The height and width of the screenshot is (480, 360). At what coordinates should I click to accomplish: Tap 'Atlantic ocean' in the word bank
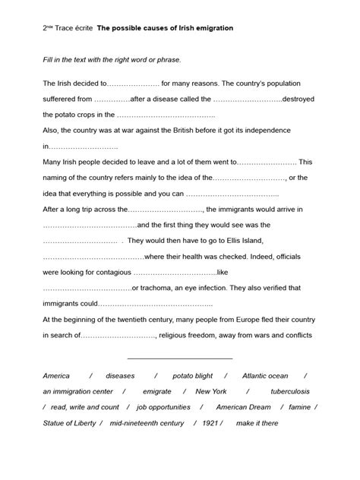pos(265,376)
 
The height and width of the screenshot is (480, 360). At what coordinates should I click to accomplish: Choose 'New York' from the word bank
pos(211,391)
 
